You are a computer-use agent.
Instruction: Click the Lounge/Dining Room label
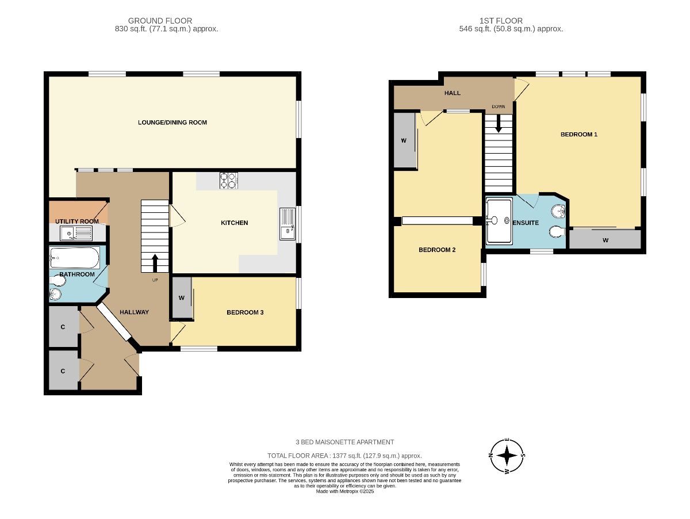[x=172, y=123]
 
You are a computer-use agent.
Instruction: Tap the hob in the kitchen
[x=228, y=180]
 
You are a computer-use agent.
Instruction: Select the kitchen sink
[x=287, y=224]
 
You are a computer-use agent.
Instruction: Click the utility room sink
[x=76, y=234]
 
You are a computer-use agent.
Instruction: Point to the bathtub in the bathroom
[x=75, y=258]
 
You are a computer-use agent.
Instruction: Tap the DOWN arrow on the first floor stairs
[x=499, y=124]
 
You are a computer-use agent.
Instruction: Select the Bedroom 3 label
[x=245, y=312]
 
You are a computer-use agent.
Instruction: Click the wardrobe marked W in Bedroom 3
[x=182, y=297]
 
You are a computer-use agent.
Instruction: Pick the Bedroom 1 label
[x=578, y=134]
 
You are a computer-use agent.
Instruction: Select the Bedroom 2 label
[x=437, y=250]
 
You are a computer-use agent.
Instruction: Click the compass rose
[x=507, y=456]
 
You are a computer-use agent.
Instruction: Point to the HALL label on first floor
[x=453, y=93]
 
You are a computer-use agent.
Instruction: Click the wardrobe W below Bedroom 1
[x=605, y=240]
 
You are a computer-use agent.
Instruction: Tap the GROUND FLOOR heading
[x=160, y=21]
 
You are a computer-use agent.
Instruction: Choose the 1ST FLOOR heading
[x=501, y=21]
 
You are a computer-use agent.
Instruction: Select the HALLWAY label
[x=134, y=312]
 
